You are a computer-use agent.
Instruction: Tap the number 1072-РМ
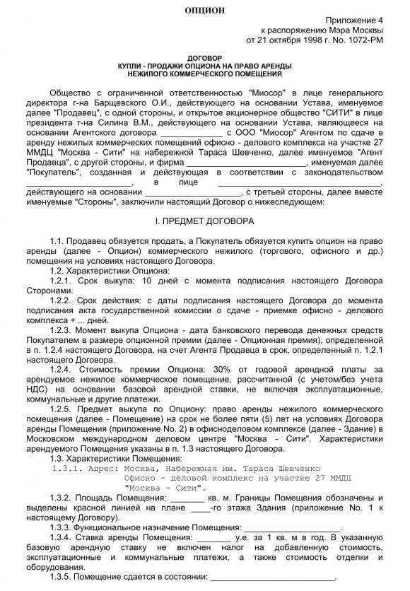coord(368,42)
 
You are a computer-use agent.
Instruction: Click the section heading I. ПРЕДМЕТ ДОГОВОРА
coord(204,221)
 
